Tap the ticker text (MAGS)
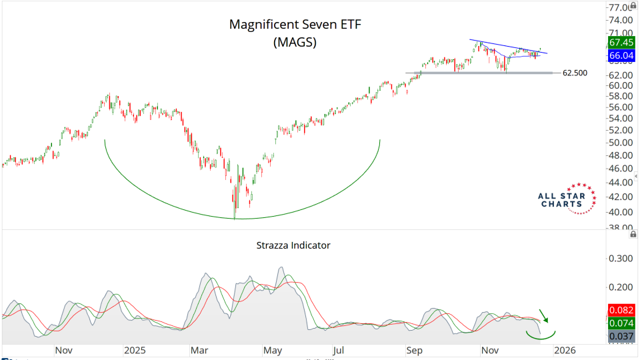295,42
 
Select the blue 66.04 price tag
621,56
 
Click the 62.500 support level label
575,73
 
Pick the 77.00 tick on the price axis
621,7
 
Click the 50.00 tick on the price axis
621,143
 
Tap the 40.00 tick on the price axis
621,212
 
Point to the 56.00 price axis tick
621,107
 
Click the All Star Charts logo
567,199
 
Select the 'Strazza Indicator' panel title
293,245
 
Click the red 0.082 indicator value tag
621,311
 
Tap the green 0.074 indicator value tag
621,323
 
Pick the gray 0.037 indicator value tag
621,337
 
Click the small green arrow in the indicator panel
544,315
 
